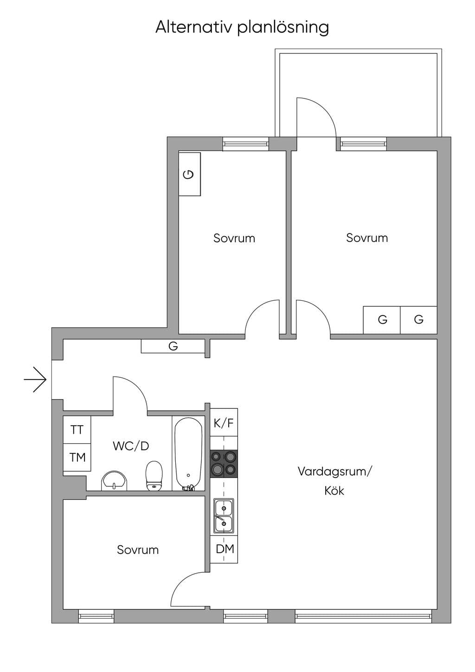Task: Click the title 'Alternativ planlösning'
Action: (242, 27)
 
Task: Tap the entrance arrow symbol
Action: (35, 380)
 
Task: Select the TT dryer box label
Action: (77, 430)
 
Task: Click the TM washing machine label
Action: (77, 458)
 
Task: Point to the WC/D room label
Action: (131, 446)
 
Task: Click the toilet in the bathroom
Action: (154, 476)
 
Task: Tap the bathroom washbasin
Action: (115, 481)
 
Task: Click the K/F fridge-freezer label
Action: (224, 423)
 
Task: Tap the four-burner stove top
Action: (224, 464)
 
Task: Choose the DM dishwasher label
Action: (225, 549)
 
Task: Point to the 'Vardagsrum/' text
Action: (334, 472)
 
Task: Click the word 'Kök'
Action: (334, 491)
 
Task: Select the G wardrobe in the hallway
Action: (173, 346)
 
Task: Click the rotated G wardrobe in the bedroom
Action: (189, 174)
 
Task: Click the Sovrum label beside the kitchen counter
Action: (138, 549)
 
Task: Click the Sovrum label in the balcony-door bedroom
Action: (367, 238)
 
